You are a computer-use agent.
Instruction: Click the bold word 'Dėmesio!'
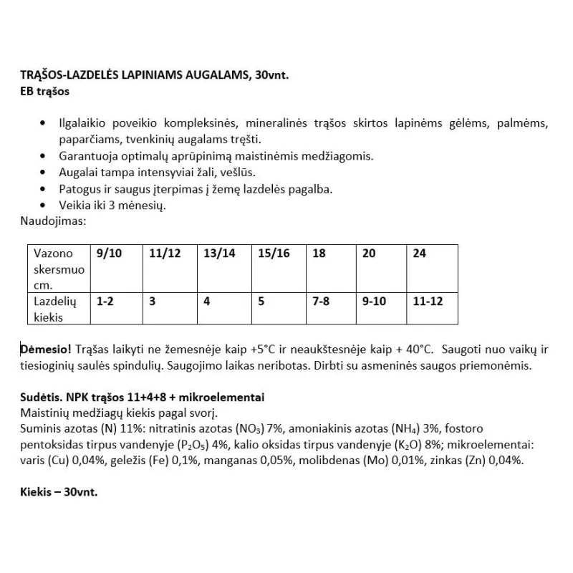click(x=46, y=349)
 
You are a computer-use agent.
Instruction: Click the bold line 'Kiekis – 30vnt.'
click(x=59, y=493)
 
